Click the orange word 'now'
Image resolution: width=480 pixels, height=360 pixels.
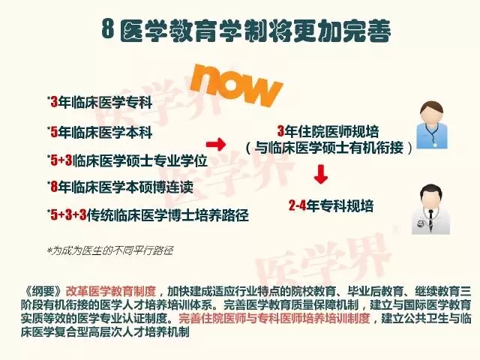point(235,85)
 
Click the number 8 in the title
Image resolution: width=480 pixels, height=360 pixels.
point(108,30)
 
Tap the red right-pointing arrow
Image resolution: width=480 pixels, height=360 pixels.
point(216,143)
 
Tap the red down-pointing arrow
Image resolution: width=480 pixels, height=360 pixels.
point(321,174)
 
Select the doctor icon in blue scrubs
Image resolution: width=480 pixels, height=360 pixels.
point(432,125)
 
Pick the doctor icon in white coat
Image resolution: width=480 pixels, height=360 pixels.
point(431,209)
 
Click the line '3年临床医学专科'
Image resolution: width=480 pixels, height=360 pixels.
point(101,103)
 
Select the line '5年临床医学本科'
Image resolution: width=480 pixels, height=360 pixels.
point(101,133)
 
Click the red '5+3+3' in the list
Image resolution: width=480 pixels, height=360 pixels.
point(68,215)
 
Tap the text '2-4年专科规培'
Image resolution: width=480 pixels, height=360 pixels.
point(331,205)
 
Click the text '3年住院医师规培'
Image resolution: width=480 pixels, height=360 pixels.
point(328,131)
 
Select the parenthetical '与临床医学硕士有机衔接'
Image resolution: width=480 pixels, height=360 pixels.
point(328,148)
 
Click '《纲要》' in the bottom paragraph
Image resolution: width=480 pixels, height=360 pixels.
point(43,291)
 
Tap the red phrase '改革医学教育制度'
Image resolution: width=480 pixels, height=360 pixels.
point(111,291)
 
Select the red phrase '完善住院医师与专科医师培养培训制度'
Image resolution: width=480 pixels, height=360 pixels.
point(274,318)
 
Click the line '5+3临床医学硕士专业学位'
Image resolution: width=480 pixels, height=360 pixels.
point(128,160)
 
